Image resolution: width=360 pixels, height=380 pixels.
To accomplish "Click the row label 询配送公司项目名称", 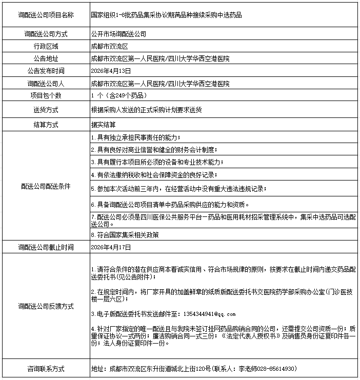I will coord(46,15).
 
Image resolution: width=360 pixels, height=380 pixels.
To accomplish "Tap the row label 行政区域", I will coord(46,46).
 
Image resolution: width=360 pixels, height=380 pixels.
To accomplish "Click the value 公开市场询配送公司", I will coord(118,34).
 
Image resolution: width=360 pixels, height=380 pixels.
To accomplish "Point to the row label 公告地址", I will coord(46,58).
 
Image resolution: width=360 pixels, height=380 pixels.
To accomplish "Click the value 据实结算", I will coord(103,125).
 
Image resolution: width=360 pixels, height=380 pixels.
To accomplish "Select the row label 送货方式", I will coord(46,110).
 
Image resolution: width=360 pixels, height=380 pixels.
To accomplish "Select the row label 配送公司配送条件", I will coord(46,186).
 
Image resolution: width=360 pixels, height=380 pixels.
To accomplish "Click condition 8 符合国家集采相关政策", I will coord(125,235).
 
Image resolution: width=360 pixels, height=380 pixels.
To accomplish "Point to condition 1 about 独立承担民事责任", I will coord(135,138).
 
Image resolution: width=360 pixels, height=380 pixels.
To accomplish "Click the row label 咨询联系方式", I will coord(46,368).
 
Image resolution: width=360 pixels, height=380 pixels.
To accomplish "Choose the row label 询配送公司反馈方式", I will coord(46,306).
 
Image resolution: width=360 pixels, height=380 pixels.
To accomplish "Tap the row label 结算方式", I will coord(46,125).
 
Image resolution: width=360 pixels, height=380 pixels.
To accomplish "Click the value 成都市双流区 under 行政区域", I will coord(109,46).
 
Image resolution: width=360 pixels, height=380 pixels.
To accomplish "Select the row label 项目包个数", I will coord(46,95).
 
